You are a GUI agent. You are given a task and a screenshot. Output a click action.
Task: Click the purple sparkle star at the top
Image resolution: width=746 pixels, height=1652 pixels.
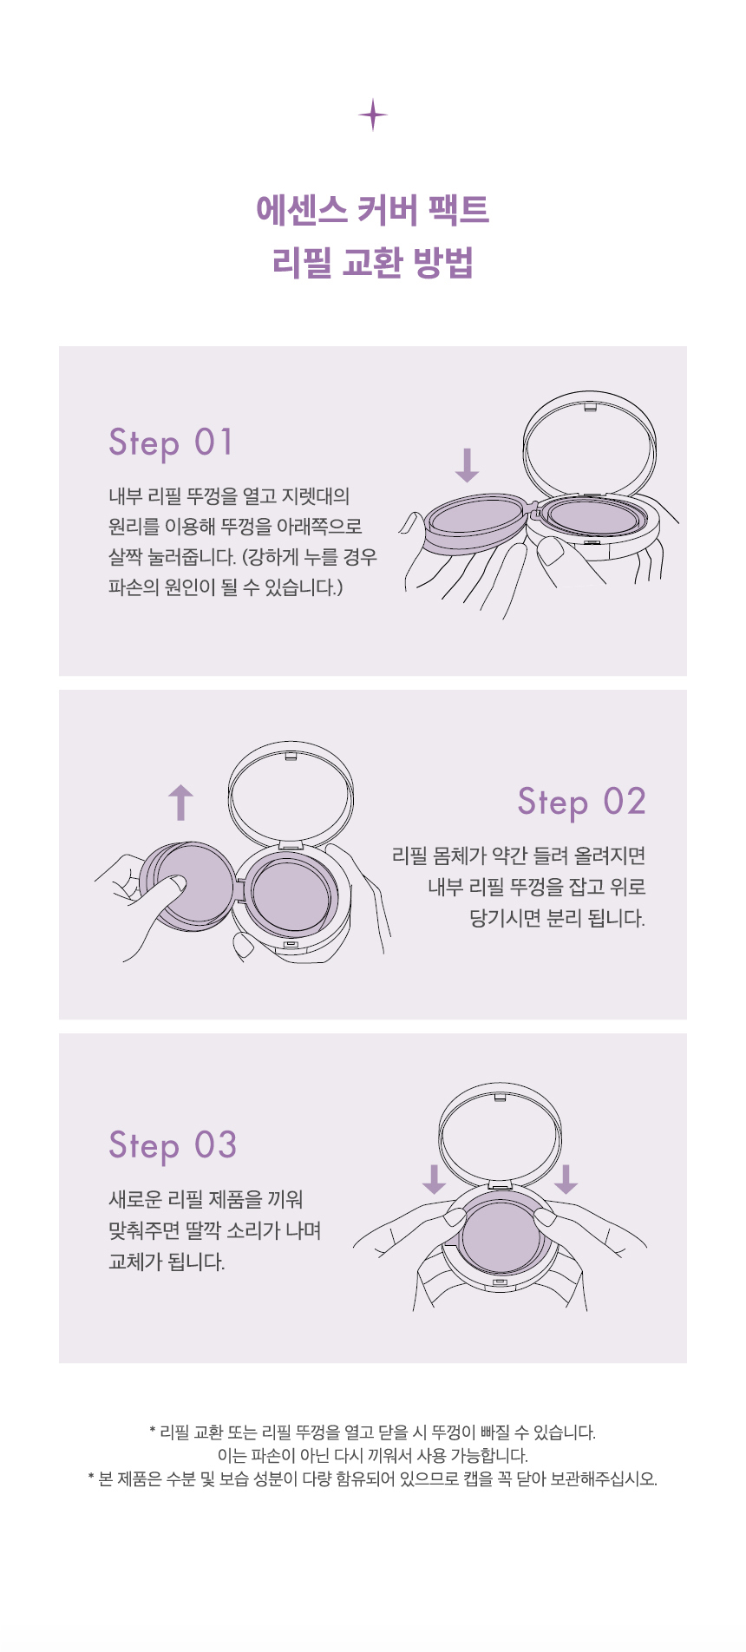[373, 115]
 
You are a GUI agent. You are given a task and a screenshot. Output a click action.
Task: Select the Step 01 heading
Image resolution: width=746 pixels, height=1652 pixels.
[171, 442]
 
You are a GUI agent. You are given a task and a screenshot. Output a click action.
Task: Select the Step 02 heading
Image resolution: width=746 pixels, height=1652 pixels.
[581, 802]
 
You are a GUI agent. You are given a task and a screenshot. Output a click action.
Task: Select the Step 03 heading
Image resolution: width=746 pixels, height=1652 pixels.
[173, 1145]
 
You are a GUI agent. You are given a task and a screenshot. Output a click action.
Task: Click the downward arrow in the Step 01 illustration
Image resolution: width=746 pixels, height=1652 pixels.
[467, 465]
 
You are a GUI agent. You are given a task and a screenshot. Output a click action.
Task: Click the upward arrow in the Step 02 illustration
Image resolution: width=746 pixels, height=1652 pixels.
[180, 803]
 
